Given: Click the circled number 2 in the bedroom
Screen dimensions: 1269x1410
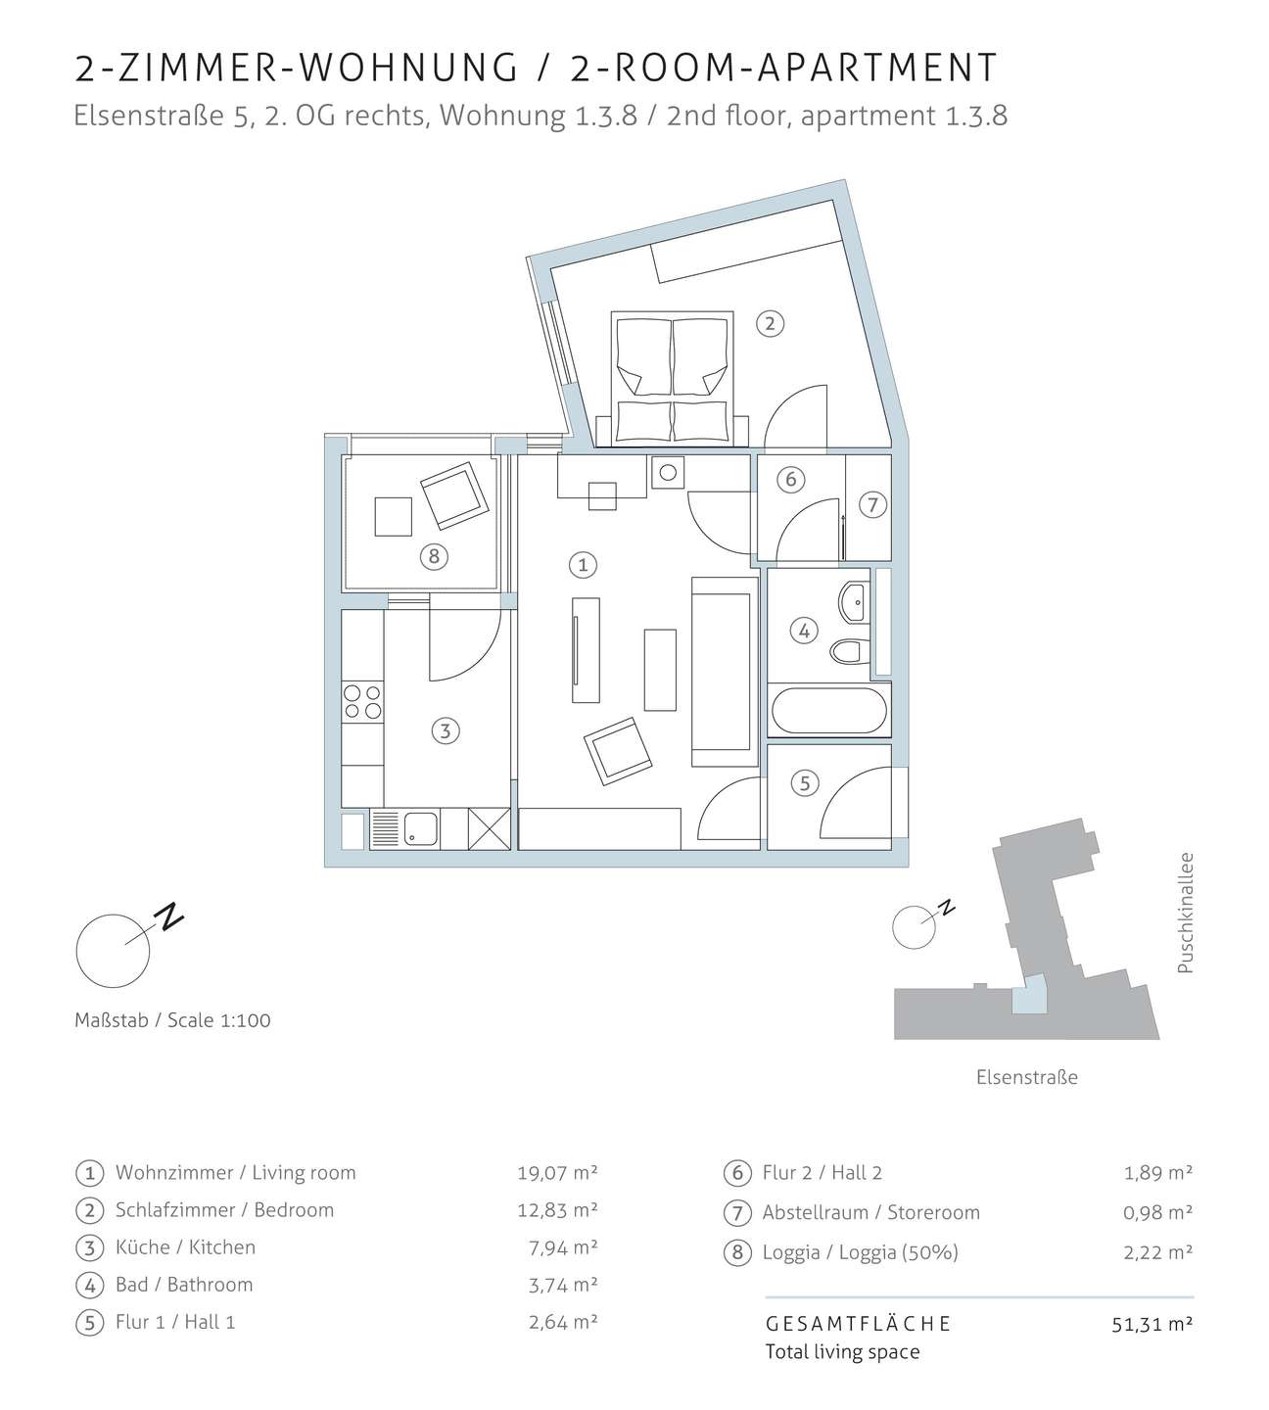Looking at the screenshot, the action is pos(770,324).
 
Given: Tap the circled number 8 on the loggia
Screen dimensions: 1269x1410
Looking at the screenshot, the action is pos(434,557).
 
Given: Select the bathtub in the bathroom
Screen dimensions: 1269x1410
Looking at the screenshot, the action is pos(829,711).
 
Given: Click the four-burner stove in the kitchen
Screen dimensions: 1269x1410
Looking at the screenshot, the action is pos(362,702).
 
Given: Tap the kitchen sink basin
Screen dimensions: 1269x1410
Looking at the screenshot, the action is pos(420,829).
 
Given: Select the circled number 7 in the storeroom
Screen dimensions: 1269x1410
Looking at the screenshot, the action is pos(872,504).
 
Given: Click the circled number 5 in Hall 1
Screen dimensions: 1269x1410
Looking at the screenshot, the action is pos(805,783).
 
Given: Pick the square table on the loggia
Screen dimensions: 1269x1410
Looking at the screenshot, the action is pos(393,517).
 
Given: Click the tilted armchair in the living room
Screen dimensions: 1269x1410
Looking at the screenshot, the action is pos(617,751).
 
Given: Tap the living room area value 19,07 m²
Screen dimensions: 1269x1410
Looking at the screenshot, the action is pos(557,1173).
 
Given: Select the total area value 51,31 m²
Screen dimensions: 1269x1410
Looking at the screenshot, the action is pos(1152,1324).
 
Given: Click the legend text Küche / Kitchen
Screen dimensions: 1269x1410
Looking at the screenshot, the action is pos(186,1246).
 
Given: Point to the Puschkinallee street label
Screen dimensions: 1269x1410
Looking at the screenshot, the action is pos(1186,913).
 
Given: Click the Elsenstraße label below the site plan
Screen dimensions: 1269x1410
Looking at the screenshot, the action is pos(1026,1077).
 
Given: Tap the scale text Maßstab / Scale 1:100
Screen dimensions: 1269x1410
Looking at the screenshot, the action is pos(172,1020).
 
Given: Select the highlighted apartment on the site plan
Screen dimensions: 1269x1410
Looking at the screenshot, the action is pos(1028,996).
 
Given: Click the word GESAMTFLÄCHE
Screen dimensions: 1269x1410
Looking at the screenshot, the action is pos(858,1324).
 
